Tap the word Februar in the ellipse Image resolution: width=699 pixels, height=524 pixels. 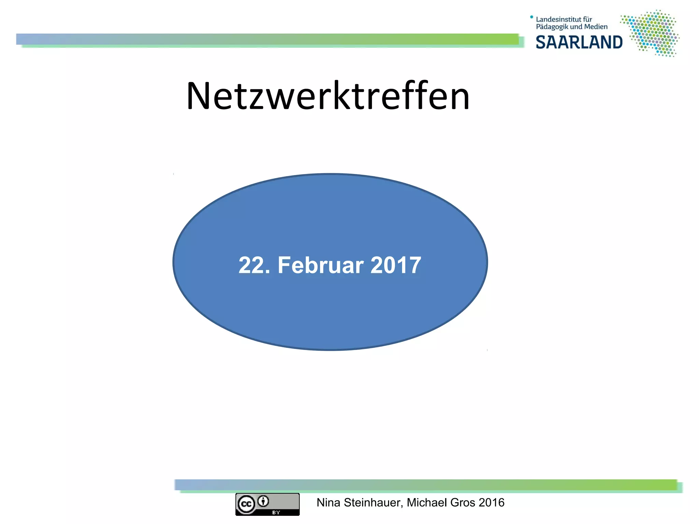click(x=320, y=265)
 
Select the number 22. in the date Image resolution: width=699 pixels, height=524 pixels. click(x=254, y=265)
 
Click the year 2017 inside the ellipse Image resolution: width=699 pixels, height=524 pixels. click(x=396, y=265)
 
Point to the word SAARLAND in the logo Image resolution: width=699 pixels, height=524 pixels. click(x=579, y=43)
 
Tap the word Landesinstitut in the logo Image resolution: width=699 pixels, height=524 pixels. click(x=559, y=19)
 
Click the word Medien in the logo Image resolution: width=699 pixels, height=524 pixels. click(x=596, y=27)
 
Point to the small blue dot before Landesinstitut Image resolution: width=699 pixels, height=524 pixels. click(x=531, y=17)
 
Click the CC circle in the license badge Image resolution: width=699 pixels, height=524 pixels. click(x=246, y=504)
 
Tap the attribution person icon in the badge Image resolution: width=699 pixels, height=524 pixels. click(x=263, y=501)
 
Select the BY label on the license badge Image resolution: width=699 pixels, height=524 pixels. click(x=276, y=512)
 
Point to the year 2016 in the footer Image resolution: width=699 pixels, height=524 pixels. click(x=491, y=503)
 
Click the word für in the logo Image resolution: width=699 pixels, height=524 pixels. click(x=587, y=19)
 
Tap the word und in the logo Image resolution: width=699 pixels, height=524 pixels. click(x=576, y=27)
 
